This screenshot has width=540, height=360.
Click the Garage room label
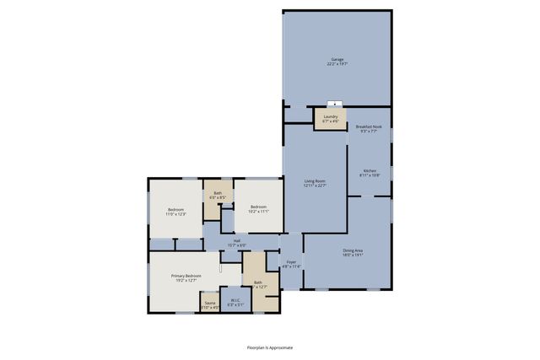[337, 60]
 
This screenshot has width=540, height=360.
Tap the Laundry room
[331, 119]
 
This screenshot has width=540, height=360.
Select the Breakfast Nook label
[370, 126]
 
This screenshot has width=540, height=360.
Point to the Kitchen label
[370, 171]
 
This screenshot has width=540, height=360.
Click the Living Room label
[315, 181]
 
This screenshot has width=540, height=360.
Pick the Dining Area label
[353, 250]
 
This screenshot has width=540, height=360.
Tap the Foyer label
[291, 262]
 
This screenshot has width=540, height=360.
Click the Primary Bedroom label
[186, 276]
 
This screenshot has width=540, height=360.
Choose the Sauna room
[210, 303]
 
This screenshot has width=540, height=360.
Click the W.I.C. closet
[236, 301]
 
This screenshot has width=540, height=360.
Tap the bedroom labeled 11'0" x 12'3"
[175, 211]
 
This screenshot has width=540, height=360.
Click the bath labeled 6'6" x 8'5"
[218, 196]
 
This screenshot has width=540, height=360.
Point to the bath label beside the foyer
[257, 282]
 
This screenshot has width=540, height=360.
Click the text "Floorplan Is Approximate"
[269, 347]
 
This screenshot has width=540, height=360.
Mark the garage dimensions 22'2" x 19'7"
[337, 64]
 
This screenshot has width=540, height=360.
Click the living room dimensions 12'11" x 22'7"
[315, 186]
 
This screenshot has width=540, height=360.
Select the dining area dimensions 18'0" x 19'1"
[353, 255]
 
